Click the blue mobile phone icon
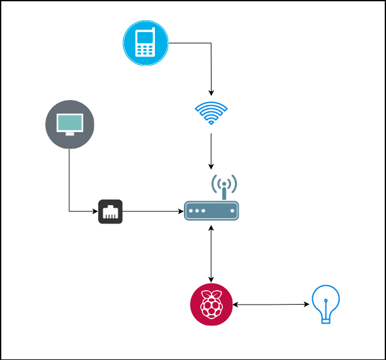point(145,43)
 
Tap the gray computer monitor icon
point(69,124)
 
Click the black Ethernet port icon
point(110,211)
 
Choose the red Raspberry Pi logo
point(211,305)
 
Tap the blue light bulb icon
point(326,304)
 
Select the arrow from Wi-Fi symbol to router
point(211,150)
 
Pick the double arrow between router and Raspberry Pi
point(211,252)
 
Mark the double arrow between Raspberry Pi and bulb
point(271,305)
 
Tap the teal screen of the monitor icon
point(69,122)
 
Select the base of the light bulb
point(326,320)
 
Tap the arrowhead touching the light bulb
point(307,305)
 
